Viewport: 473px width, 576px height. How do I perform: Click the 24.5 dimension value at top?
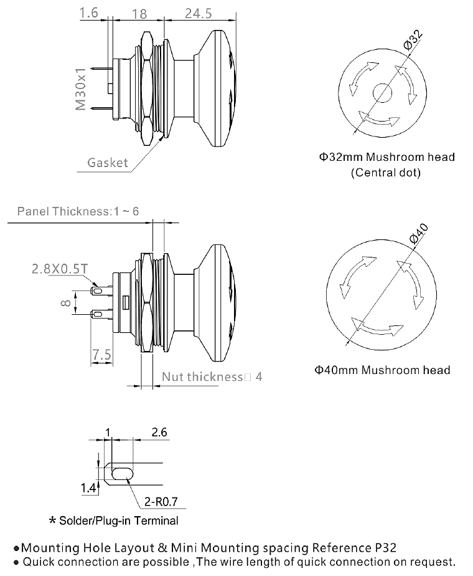coord(198,14)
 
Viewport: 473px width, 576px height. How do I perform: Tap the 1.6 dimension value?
coord(89,13)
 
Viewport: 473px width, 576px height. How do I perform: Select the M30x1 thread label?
coord(80,89)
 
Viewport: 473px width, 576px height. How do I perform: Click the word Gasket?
coord(108,162)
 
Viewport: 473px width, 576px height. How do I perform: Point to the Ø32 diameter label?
coord(413,40)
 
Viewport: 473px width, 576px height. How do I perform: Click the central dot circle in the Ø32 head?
coord(382,92)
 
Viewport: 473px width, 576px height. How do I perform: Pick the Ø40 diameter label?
coord(418,233)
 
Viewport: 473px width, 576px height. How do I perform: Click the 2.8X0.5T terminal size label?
coord(60,269)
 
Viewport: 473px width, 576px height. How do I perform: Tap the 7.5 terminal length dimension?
coord(101,355)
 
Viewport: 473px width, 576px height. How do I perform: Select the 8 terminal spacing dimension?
coord(66,303)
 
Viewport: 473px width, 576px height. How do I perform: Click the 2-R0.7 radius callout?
coord(161,501)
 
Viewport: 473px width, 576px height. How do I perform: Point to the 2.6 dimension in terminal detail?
coord(159,432)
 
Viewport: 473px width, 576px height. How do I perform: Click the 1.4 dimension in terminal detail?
coord(88,488)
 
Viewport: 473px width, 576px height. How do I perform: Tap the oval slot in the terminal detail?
coord(123,474)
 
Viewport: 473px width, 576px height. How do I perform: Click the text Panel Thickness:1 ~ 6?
coord(78,211)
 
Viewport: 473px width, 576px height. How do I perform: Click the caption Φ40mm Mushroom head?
coord(382,370)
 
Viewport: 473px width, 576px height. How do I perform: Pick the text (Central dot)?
coord(385,173)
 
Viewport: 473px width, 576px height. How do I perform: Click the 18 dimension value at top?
coord(139,14)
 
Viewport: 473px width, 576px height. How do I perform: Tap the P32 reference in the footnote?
coord(386,548)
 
